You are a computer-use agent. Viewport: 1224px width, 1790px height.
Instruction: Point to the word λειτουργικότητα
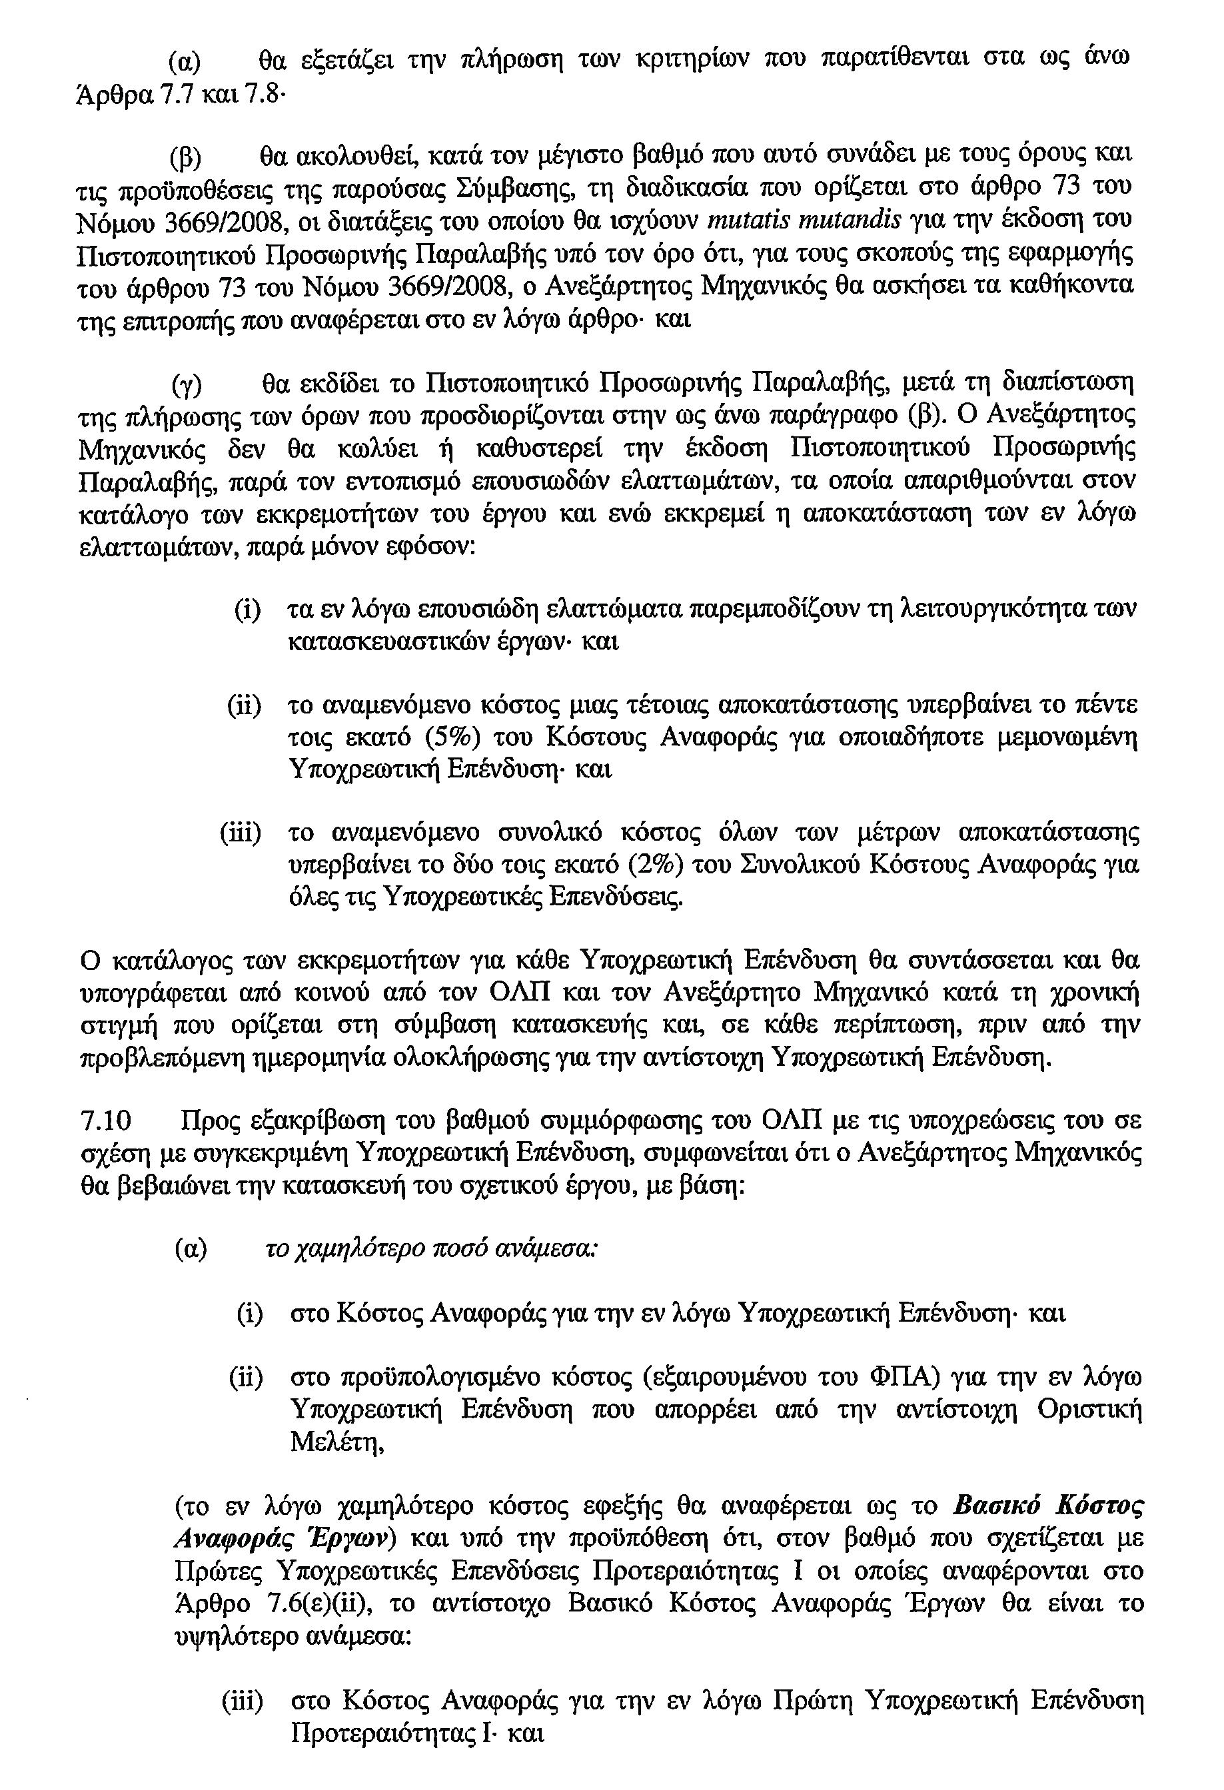(x=986, y=608)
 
